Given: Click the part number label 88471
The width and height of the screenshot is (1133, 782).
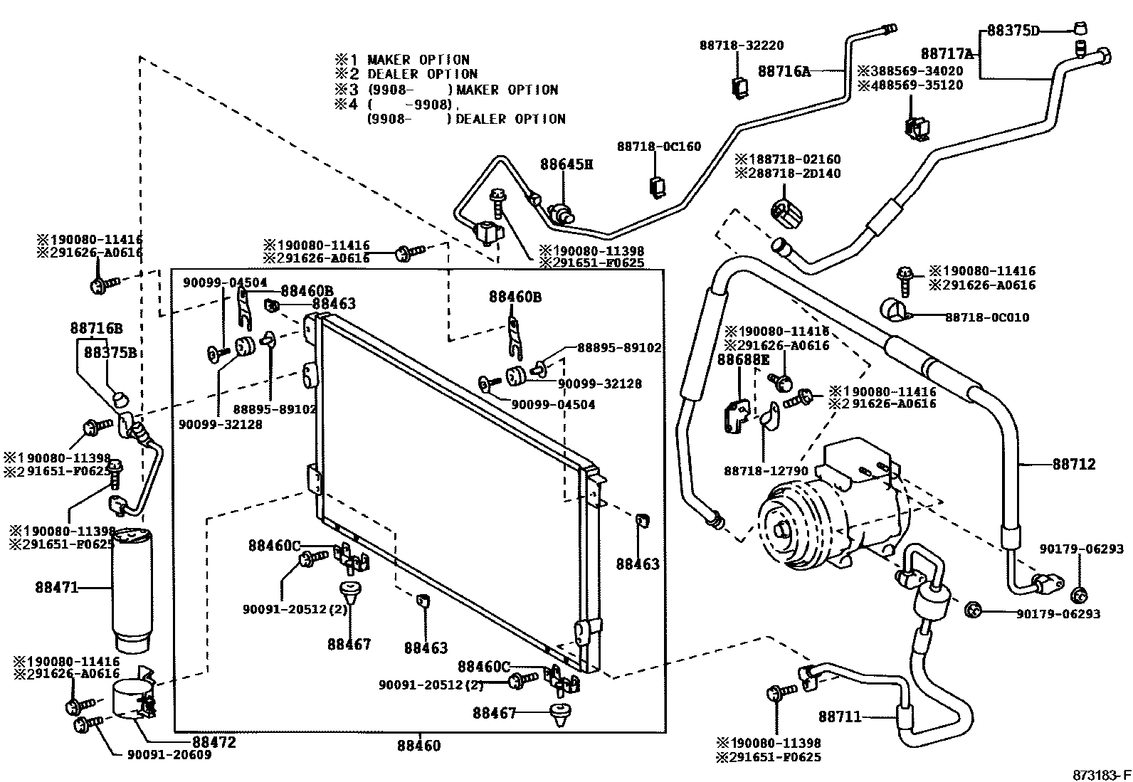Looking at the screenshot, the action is click(57, 587).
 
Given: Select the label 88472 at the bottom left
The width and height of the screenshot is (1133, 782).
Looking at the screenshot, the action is click(214, 742).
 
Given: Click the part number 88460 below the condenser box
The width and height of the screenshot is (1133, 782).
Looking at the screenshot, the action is click(418, 746).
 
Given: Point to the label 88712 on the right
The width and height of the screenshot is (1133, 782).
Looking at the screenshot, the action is click(1074, 464).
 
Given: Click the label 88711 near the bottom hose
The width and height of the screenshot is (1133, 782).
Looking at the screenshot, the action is click(840, 717).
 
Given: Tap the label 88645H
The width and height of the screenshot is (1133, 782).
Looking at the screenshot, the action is click(566, 164).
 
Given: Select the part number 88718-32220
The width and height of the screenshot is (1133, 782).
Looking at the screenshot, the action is click(742, 46).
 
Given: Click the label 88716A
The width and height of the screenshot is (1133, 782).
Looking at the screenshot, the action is click(784, 71).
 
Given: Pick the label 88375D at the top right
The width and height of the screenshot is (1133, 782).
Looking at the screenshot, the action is click(1013, 31).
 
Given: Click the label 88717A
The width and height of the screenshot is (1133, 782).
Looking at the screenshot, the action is click(947, 53).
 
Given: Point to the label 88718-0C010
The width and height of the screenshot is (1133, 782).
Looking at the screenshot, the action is click(987, 317).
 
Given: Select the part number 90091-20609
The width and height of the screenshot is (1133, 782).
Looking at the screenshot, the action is click(169, 755).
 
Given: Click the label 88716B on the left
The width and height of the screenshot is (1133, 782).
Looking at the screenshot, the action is click(96, 328).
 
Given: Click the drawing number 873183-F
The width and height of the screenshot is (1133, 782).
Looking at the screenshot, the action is click(1102, 775).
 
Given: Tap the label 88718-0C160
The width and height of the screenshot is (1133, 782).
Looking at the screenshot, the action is click(659, 147).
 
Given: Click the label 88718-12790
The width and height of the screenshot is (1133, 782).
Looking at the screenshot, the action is click(766, 471).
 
